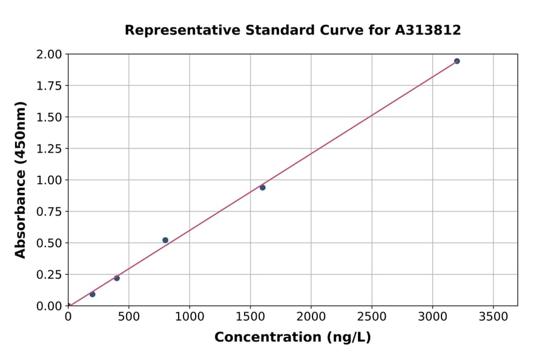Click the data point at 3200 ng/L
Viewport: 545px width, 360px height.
[457, 61]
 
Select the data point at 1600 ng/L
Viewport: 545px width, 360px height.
[262, 187]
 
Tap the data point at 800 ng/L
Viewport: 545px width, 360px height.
[165, 240]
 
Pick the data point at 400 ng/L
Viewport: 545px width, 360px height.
[117, 278]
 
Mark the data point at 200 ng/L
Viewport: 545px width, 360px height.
[93, 295]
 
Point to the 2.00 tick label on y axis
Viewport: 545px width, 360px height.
[49, 55]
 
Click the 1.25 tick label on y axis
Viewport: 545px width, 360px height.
[49, 148]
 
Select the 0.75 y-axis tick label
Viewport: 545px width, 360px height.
[49, 212]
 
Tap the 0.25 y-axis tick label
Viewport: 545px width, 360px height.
[49, 275]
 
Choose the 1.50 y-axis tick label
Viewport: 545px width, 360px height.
[49, 117]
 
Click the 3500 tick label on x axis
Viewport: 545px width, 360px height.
[493, 317]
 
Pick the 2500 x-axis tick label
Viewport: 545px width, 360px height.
[372, 317]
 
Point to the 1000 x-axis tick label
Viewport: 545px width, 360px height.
[190, 317]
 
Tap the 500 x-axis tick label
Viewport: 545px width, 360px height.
[129, 317]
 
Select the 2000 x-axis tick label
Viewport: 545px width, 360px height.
[311, 317]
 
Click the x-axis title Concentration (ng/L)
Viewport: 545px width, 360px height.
[292, 338]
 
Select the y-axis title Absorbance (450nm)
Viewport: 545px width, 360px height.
[21, 179]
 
